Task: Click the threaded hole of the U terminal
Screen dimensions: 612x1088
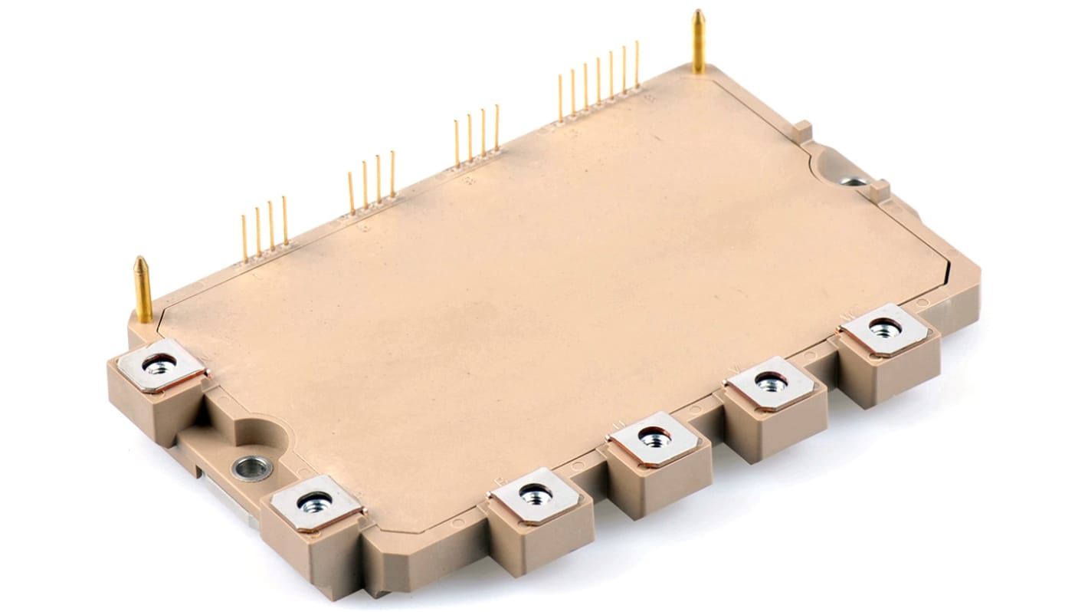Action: tap(654, 439)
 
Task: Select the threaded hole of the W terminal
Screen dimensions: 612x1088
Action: tap(884, 327)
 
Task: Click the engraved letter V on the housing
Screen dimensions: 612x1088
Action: tap(736, 370)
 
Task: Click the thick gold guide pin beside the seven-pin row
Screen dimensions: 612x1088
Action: tap(698, 42)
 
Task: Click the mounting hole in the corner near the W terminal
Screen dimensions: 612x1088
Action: tap(851, 182)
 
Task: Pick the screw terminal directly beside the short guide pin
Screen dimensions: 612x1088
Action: tap(159, 365)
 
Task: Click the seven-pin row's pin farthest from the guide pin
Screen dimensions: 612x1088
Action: tap(561, 98)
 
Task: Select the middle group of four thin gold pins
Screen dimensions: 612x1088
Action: tap(372, 184)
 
